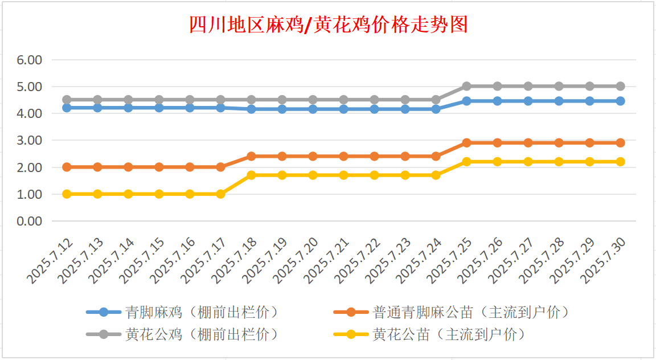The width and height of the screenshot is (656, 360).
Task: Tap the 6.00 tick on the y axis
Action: pyautogui.click(x=31, y=60)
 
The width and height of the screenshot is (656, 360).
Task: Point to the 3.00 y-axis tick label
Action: pyautogui.click(x=31, y=140)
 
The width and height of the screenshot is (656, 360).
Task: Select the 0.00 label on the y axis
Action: pyautogui.click(x=31, y=221)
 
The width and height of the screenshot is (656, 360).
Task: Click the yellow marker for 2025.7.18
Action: pyautogui.click(x=251, y=175)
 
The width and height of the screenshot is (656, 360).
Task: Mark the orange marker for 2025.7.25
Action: pyautogui.click(x=466, y=142)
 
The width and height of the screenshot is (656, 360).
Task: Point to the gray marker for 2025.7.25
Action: pyautogui.click(x=466, y=86)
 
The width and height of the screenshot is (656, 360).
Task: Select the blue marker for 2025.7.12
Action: pyautogui.click(x=67, y=107)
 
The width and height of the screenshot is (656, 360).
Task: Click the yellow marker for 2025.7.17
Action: pyautogui.click(x=220, y=194)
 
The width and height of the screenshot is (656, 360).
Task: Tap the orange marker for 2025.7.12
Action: pyautogui.click(x=67, y=167)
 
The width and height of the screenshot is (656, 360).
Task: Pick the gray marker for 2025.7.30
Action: pyautogui.click(x=620, y=86)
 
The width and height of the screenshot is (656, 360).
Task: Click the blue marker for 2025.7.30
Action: pyautogui.click(x=620, y=101)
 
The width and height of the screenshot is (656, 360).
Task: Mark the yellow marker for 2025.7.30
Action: pyautogui.click(x=620, y=161)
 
